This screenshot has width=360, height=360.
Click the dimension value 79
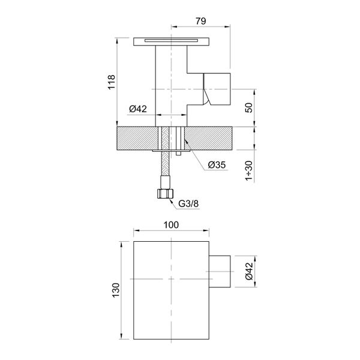(x=201, y=20)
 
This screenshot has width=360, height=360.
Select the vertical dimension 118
(x=110, y=82)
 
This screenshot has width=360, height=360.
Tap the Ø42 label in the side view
(x=138, y=109)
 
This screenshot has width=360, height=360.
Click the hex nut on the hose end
(x=164, y=194)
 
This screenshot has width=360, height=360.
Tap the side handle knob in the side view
(x=218, y=88)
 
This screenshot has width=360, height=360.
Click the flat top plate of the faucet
(x=171, y=41)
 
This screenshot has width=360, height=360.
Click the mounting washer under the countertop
(x=172, y=153)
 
